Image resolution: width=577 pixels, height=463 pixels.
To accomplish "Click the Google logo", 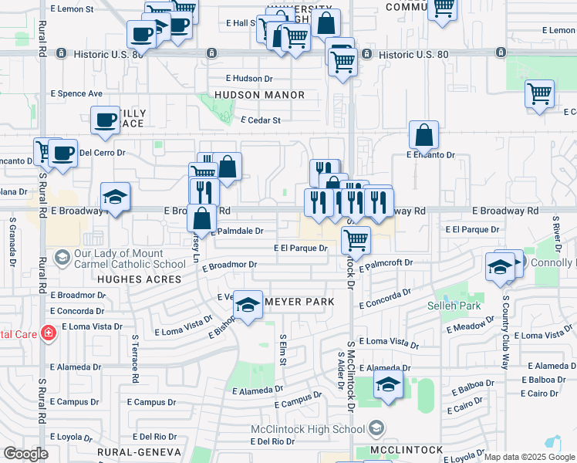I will (x=25, y=454).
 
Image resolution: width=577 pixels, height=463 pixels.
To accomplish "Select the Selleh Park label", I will (x=454, y=306).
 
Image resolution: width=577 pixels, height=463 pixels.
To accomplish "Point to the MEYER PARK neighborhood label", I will (x=299, y=301).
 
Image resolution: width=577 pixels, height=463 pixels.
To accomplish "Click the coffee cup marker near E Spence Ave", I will (x=105, y=120).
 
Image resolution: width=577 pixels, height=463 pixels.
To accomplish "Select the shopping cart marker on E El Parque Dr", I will (x=356, y=240).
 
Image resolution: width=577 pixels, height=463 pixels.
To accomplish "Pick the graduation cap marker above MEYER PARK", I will (x=248, y=305).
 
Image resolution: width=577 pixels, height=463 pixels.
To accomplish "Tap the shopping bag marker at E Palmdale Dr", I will (x=202, y=218).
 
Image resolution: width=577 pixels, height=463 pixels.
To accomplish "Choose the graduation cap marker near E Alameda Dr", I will (x=388, y=384).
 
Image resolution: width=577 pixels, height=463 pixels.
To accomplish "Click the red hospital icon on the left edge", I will (x=49, y=333).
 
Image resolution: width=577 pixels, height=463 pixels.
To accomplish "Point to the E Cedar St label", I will (x=261, y=120).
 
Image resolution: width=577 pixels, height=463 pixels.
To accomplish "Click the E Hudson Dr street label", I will (x=249, y=79).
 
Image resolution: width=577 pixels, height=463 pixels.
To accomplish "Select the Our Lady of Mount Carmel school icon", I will (x=62, y=256).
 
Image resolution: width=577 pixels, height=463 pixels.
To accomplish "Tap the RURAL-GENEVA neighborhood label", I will (x=139, y=452).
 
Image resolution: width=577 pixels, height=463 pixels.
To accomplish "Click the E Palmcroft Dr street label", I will (x=386, y=263).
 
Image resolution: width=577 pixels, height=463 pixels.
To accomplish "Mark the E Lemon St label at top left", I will (x=71, y=9).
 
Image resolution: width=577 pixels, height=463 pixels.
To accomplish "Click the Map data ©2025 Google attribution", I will (x=529, y=457).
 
